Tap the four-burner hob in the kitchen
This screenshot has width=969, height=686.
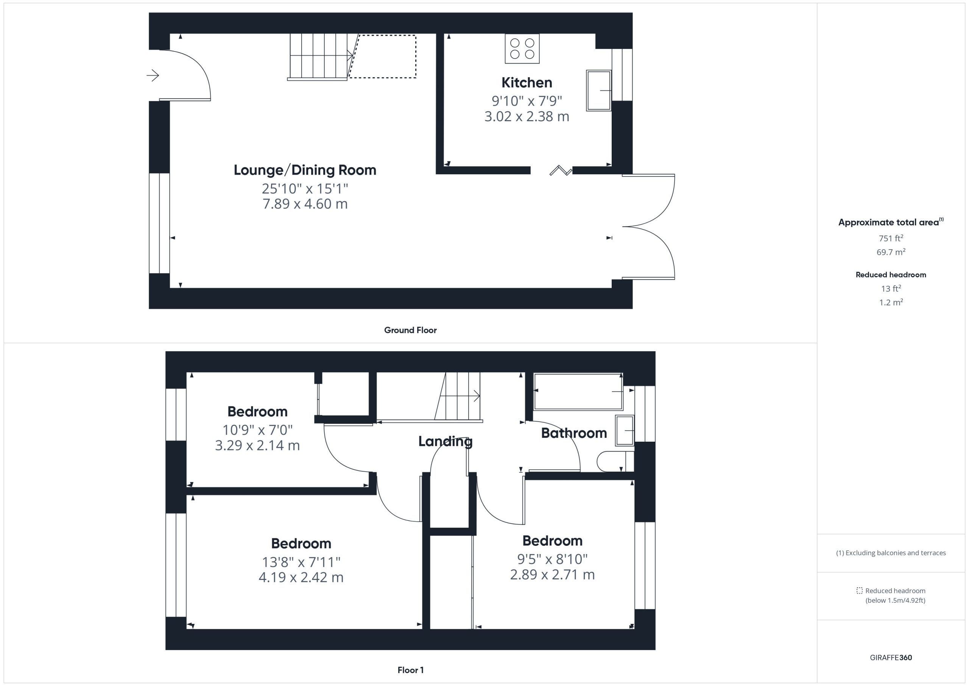click(x=522, y=48)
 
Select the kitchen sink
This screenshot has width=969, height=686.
click(x=599, y=91)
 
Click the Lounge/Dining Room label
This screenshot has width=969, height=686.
click(x=305, y=170)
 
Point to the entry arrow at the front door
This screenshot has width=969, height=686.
click(x=153, y=76)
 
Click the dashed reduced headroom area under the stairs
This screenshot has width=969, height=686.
click(x=382, y=56)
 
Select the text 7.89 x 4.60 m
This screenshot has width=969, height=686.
click(x=305, y=204)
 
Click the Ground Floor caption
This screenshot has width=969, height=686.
click(x=410, y=330)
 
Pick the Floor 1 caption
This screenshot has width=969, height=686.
click(x=411, y=670)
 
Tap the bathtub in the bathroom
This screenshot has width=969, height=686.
click(x=578, y=391)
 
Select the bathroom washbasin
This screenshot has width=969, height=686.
click(x=625, y=430)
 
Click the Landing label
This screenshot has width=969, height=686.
click(x=445, y=441)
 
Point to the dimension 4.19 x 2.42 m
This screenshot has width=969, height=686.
click(x=301, y=577)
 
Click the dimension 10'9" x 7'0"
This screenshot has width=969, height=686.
click(x=257, y=430)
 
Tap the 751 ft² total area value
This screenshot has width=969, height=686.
click(x=891, y=238)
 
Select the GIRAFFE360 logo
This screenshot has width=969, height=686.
click(x=891, y=658)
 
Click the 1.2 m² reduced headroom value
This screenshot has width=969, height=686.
click(x=891, y=302)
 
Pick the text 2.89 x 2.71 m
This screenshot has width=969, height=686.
click(x=553, y=575)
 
